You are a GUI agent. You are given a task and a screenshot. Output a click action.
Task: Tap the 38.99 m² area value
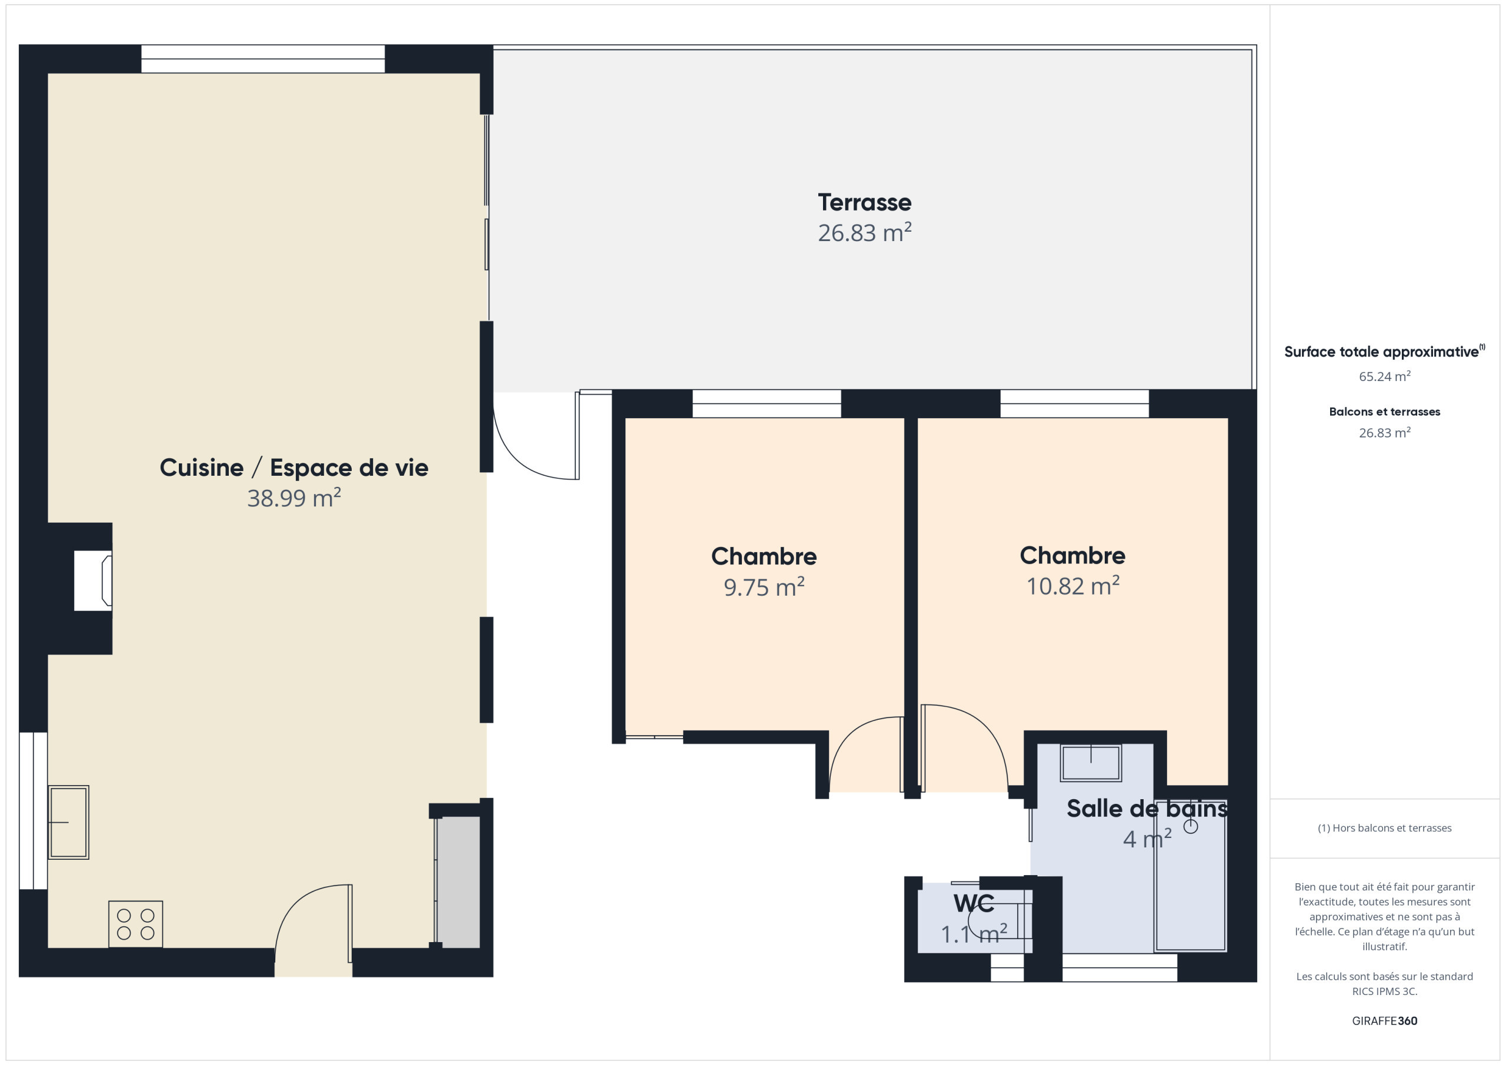click(294, 498)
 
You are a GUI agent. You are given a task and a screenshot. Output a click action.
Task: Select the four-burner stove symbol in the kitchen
click(136, 924)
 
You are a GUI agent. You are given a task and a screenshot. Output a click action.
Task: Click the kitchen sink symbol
click(68, 822)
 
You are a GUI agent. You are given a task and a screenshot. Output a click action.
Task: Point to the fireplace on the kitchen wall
click(92, 581)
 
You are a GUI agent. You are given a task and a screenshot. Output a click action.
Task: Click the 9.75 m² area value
click(764, 587)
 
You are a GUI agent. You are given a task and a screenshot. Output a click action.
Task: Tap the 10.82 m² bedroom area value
click(1072, 586)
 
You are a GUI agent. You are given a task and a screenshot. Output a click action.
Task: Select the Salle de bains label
click(1147, 809)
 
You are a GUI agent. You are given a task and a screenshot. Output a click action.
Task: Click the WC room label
click(974, 904)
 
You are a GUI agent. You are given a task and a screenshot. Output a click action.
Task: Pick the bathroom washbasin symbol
click(1091, 763)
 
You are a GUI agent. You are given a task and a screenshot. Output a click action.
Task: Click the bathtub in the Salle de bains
click(1191, 876)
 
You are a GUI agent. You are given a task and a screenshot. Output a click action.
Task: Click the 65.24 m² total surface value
click(1385, 376)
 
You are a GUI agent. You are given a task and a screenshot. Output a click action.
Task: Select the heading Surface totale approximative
click(1381, 352)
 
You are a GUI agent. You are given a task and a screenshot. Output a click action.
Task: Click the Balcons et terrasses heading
click(1385, 412)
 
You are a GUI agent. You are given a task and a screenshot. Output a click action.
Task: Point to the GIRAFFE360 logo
click(1385, 1021)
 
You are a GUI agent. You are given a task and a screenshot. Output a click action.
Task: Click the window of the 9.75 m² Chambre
click(767, 403)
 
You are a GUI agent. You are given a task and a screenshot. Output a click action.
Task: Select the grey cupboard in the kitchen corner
click(458, 882)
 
